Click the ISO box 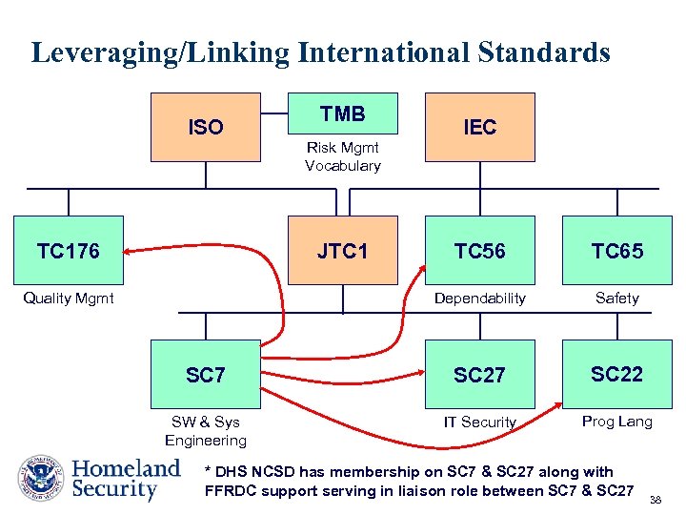(x=206, y=127)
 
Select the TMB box (x=343, y=114)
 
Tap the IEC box (x=480, y=127)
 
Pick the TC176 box (x=69, y=251)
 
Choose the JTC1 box (x=343, y=251)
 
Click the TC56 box (x=480, y=251)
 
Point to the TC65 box (x=617, y=251)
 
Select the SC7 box (x=206, y=375)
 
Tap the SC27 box (x=480, y=375)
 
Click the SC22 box (x=617, y=374)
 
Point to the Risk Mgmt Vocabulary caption (x=343, y=156)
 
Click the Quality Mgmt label (x=69, y=299)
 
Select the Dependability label (x=480, y=299)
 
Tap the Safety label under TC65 (x=617, y=299)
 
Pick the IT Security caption (x=480, y=422)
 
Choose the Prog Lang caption (x=617, y=422)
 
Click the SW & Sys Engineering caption (x=206, y=431)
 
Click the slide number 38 (x=656, y=499)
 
